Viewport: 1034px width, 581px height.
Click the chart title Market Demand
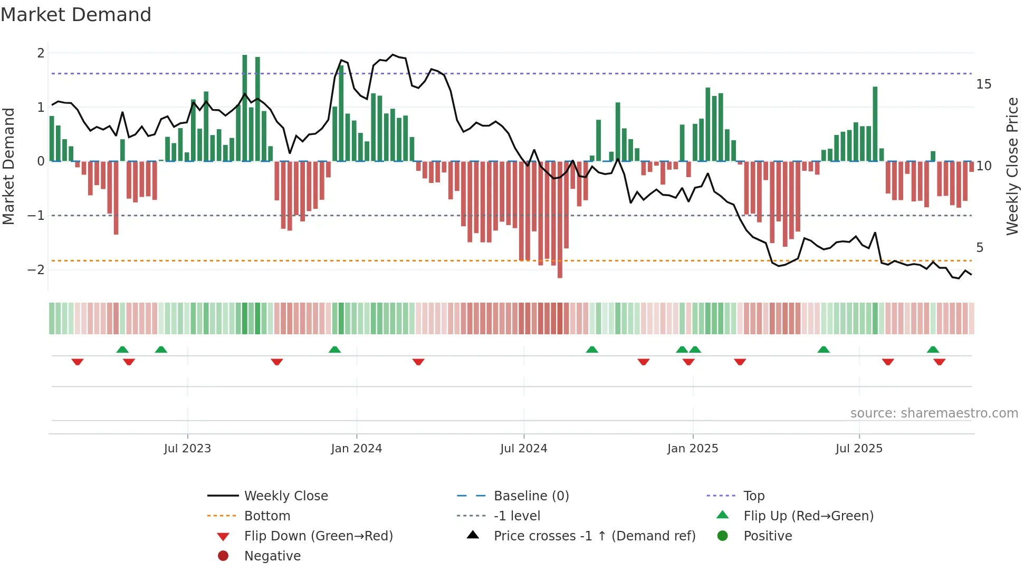coord(76,15)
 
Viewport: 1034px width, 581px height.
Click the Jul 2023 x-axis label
coord(187,449)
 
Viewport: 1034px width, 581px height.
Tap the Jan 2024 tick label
coord(357,449)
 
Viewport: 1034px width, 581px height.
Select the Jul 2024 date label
coord(524,449)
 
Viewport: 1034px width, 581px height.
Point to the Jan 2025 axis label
coord(693,449)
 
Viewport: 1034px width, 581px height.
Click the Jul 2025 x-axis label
coord(859,449)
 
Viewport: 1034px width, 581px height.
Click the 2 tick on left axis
coord(41,53)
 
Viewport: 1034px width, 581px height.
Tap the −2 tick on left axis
coord(36,270)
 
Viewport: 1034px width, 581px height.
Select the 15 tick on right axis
coord(984,84)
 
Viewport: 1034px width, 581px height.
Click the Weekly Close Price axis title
coord(1012,166)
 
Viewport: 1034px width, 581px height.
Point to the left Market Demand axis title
coord(9,166)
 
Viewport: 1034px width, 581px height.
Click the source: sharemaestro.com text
coord(934,413)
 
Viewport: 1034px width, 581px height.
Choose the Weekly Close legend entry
coord(286,496)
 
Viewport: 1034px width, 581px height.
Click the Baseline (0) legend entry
coord(531,496)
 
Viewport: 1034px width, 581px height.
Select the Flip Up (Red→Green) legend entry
coord(808,516)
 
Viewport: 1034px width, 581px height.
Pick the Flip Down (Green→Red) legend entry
coord(318,536)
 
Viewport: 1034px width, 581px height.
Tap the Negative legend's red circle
coord(223,556)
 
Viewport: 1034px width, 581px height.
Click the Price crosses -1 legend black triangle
coord(473,535)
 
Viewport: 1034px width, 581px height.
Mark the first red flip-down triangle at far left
coord(78,362)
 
